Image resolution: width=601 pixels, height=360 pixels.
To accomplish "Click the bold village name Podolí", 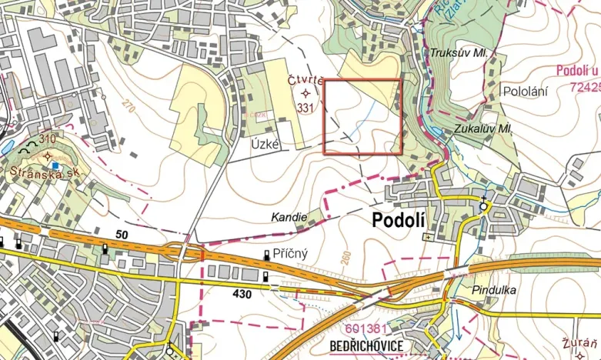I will pos(399,221).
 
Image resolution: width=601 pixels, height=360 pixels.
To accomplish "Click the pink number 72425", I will pos(583,87).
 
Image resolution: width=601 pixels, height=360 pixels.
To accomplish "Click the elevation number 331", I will pos(306,108).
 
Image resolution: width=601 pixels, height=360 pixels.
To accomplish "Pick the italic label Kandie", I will pos(289,218).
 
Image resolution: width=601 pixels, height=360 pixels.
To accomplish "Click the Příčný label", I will pos(292,253).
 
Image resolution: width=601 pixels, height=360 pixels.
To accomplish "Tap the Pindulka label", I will pos(495,290).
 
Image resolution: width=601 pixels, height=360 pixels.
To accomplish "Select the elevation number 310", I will pos(48,138).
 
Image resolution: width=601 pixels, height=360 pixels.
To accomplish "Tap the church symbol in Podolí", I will pos(483,205).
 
